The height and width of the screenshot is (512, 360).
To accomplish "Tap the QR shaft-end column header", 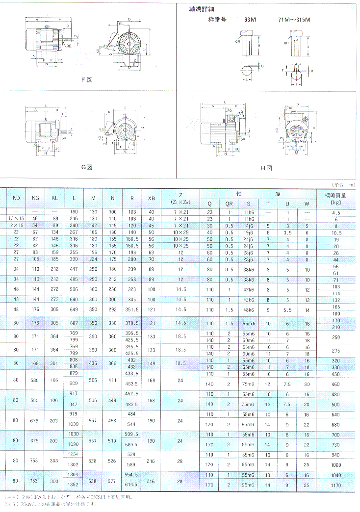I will pos(229,203).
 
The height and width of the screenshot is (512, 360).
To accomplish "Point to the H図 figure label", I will pos(266,168).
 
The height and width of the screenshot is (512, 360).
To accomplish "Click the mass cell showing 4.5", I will pos(336,213).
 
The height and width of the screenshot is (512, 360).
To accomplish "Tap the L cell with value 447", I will pos(74,269).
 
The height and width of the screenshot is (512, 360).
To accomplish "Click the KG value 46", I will pos(35,219).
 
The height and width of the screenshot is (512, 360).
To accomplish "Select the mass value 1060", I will pos(336,464).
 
